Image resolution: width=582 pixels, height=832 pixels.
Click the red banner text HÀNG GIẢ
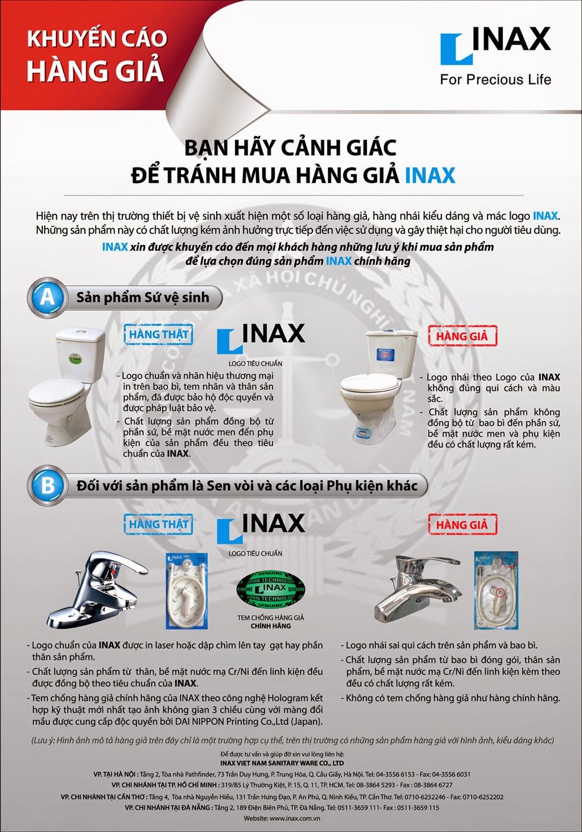[x=96, y=70]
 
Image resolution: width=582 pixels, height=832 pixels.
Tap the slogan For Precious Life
[x=495, y=80]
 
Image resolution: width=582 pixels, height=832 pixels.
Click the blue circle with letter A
[x=48, y=298]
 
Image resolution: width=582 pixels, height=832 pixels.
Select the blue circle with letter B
[x=48, y=486]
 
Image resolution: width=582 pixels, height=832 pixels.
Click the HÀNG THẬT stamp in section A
[x=159, y=334]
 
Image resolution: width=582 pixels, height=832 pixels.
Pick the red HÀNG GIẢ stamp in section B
[x=463, y=524]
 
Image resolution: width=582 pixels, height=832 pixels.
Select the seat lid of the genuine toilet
[x=57, y=392]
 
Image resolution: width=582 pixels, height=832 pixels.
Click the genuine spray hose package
[x=186, y=591]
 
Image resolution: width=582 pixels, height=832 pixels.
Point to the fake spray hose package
[x=496, y=590]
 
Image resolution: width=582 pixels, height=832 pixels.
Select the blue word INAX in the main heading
[x=430, y=175]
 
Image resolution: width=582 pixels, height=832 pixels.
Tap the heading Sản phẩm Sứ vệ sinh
[x=143, y=298]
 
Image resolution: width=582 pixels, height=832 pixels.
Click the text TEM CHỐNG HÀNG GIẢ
[x=271, y=617]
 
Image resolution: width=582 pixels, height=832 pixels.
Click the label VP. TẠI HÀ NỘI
[x=116, y=774]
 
